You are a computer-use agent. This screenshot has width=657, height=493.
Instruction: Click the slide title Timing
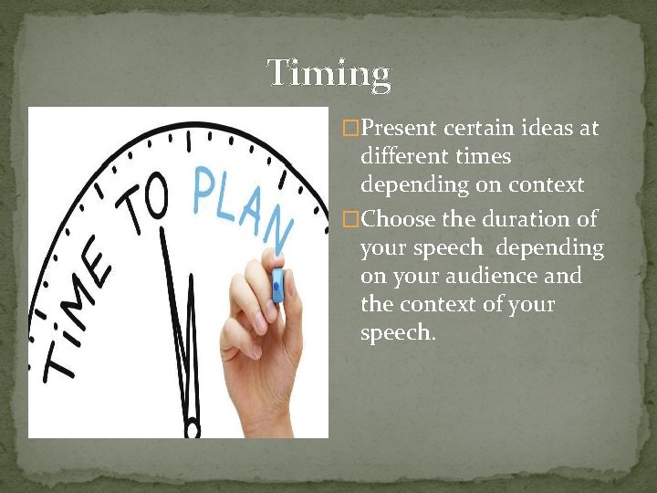[x=328, y=73]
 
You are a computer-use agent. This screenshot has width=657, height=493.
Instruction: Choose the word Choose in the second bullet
[x=398, y=219]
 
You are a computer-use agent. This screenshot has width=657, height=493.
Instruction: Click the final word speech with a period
[x=398, y=332]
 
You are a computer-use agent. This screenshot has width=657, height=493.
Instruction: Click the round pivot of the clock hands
[x=193, y=427]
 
